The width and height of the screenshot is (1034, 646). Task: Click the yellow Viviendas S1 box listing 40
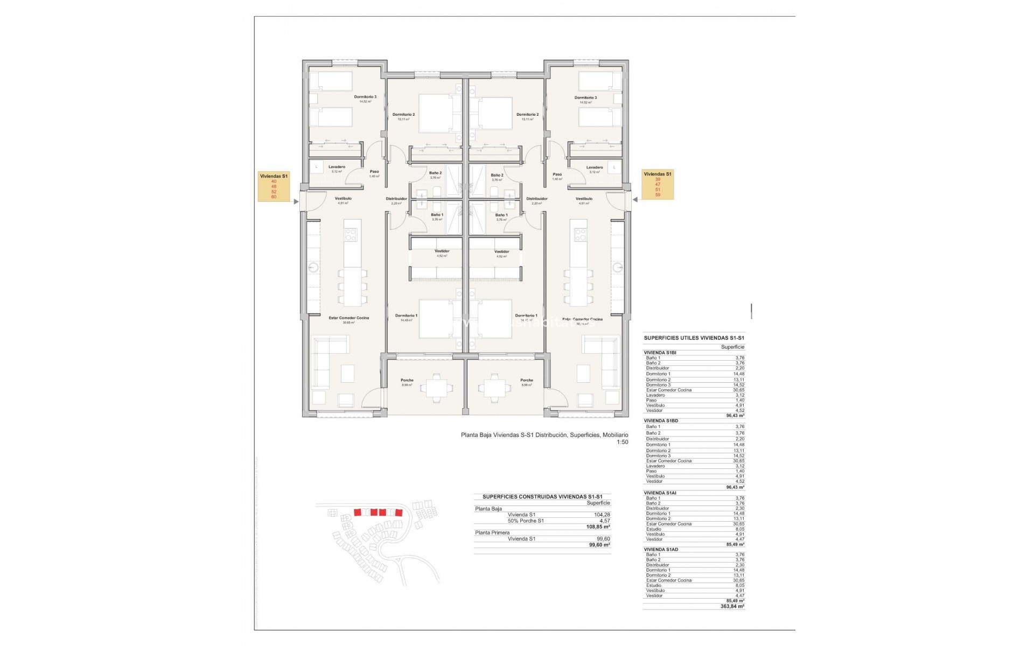(274, 186)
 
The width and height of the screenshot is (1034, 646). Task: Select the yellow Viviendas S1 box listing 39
(658, 184)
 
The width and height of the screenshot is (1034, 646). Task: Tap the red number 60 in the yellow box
(274, 197)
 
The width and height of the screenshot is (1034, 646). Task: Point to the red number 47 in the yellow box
(658, 185)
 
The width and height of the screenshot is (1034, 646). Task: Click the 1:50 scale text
(623, 442)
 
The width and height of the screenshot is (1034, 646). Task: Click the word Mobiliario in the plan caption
(615, 435)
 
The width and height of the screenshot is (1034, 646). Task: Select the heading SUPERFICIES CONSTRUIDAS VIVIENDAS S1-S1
(542, 497)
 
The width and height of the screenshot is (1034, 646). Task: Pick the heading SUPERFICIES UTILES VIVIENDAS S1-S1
(694, 338)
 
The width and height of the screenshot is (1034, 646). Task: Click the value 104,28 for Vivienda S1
(602, 515)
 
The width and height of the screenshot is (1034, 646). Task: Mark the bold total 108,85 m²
(599, 526)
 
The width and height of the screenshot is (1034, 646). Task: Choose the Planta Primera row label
(492, 532)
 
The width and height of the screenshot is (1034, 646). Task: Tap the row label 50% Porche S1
(526, 521)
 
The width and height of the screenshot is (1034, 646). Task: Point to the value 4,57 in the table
(605, 521)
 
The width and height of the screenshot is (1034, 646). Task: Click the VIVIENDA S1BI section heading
(660, 353)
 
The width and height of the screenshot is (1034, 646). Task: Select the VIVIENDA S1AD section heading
(661, 549)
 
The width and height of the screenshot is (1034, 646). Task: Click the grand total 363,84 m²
(732, 606)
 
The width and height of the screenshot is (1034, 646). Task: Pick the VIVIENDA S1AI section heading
(660, 493)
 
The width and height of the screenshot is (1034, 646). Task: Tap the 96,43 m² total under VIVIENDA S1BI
(735, 416)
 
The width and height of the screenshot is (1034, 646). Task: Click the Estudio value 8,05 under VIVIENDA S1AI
(739, 529)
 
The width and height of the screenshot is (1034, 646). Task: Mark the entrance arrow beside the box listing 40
(296, 202)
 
